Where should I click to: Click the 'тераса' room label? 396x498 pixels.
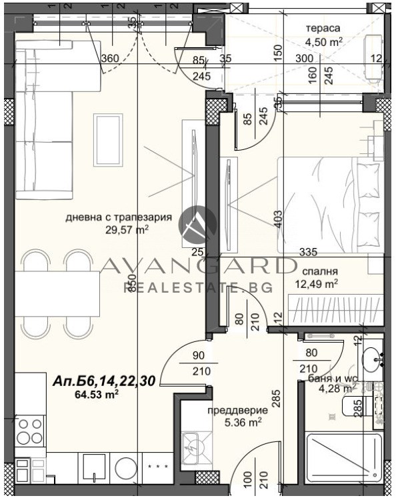tap(323, 29)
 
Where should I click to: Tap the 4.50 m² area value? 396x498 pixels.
tap(324, 41)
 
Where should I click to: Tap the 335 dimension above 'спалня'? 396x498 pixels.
tap(307, 252)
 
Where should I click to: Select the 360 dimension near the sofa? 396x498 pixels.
tap(110, 58)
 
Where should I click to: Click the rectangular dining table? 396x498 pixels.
tap(50, 294)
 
